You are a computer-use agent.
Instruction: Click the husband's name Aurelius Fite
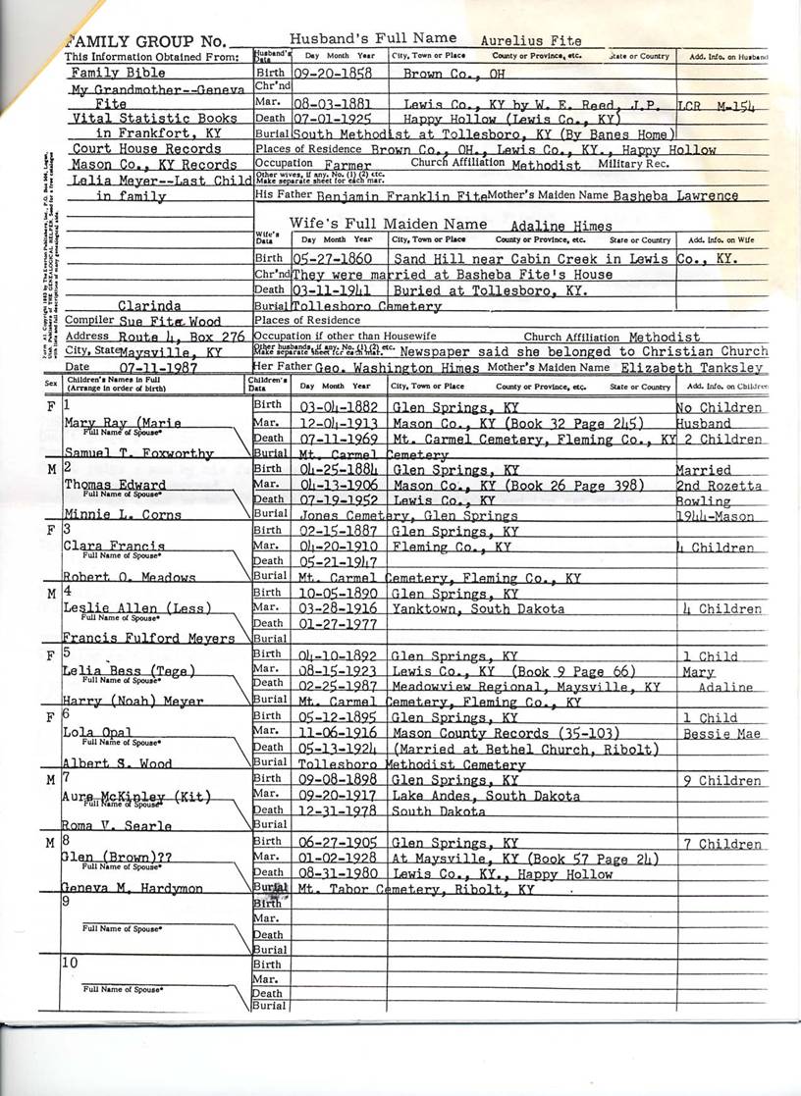click(x=531, y=41)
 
